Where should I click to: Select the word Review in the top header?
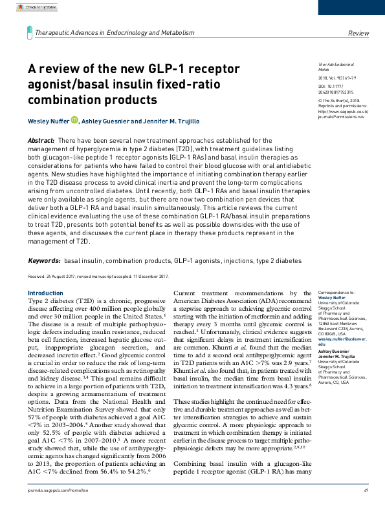[358, 32]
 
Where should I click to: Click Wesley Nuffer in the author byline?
[47, 120]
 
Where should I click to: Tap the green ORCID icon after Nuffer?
[74, 120]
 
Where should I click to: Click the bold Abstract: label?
[40, 140]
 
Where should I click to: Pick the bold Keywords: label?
[44, 260]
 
